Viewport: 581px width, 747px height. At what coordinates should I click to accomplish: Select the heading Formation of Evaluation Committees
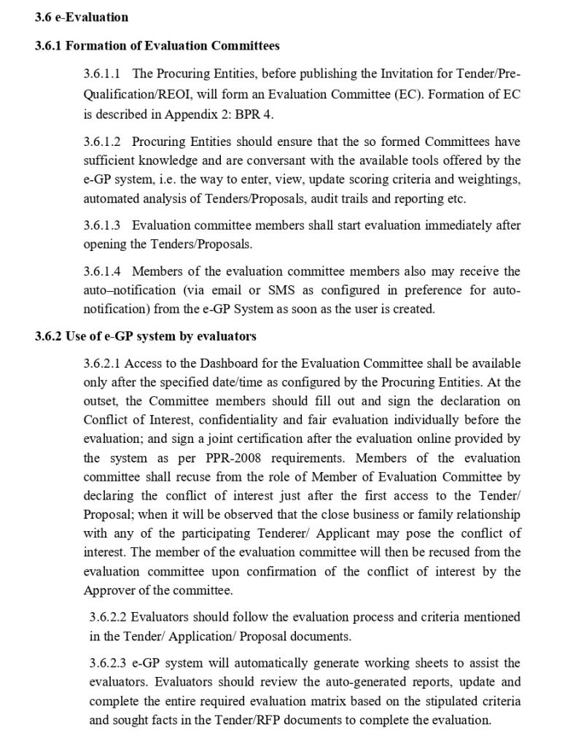coord(157,46)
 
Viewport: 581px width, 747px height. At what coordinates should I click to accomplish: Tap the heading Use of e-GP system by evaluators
coord(146,336)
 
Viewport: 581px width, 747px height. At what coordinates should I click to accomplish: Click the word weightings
coord(489,179)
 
